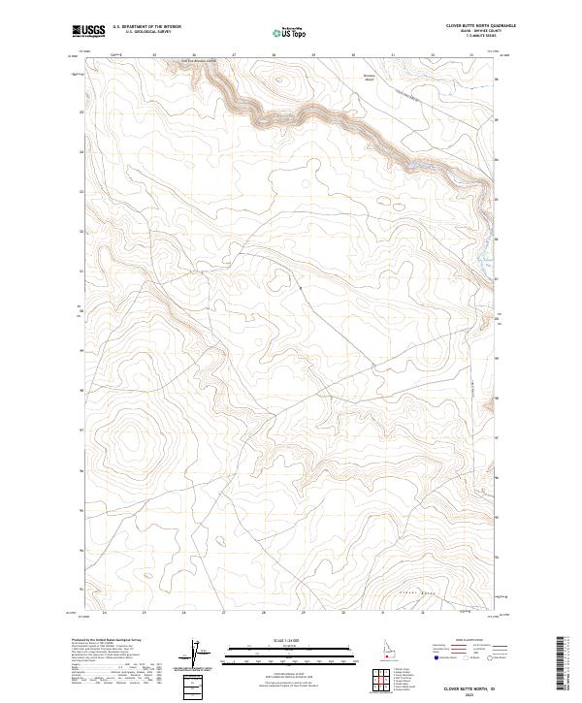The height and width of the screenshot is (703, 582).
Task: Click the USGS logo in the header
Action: tap(88, 31)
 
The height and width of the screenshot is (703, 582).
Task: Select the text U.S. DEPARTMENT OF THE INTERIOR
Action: tap(146, 27)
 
